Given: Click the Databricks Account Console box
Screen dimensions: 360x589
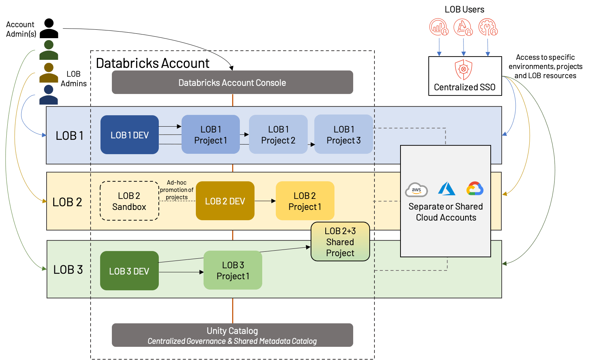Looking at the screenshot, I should pos(232,83).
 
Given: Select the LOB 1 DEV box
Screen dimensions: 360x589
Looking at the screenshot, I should pos(129,135).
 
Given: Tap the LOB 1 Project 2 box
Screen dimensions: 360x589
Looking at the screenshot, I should pos(278,135).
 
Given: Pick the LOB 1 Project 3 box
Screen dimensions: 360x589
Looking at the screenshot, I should pos(344,135).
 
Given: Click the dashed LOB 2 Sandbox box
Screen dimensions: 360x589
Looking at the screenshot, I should pos(129,201).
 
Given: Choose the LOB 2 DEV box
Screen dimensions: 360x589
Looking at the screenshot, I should pos(225,201).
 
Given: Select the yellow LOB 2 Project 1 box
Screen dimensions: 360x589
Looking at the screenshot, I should pos(305,201).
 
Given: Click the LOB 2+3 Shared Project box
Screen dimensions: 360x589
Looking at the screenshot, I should pos(340,242).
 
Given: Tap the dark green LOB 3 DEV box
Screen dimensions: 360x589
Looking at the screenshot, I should pos(129,271).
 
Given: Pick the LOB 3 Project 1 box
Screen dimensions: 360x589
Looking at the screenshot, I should pos(233,270).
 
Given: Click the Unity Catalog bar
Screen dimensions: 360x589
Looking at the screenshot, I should pos(232,335).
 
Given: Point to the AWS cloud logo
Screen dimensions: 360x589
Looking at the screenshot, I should pos(416,190).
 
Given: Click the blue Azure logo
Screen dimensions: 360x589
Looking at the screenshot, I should pos(446,189).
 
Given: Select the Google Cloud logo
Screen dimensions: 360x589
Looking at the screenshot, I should pos(475,189).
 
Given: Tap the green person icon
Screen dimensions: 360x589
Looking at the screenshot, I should pos(49,50).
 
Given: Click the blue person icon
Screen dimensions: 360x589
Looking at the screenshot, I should pos(48,95).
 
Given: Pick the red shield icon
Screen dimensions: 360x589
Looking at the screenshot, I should pos(464,69).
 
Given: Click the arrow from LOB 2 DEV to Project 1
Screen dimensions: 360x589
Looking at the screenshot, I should pos(265,201).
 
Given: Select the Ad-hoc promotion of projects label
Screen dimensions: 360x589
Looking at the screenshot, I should pos(176,190).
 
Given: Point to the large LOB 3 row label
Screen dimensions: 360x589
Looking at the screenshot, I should pos(68,270).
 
